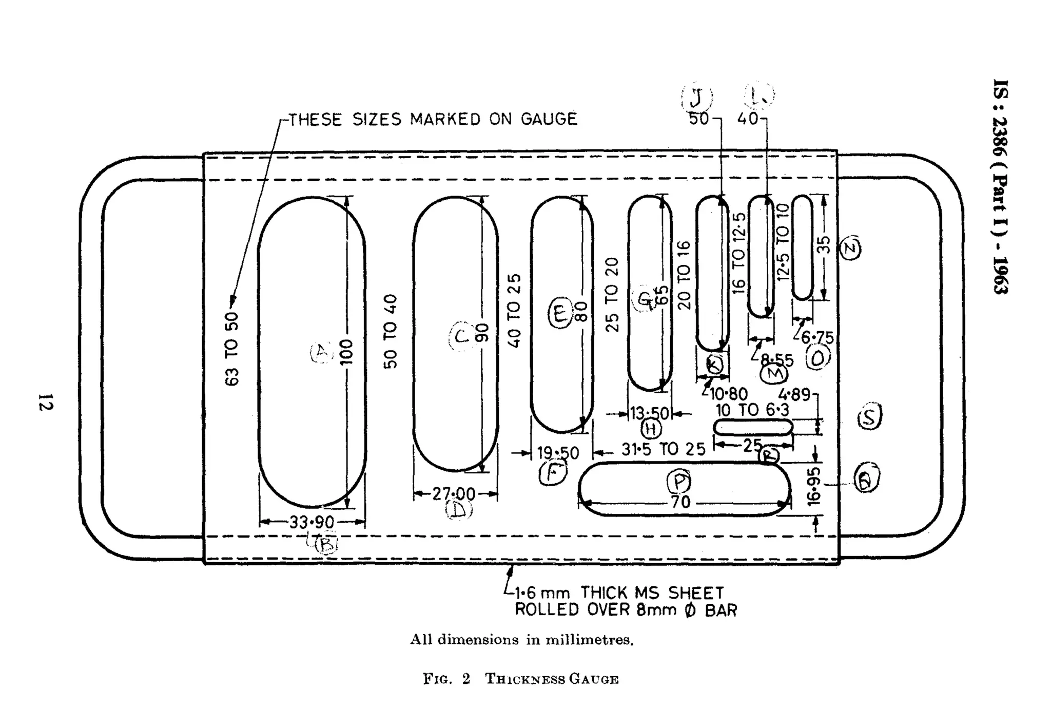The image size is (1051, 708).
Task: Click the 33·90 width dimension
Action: pyautogui.click(x=312, y=522)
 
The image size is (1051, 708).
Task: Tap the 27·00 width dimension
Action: pyautogui.click(x=454, y=494)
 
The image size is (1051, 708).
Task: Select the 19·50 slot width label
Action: pyautogui.click(x=558, y=453)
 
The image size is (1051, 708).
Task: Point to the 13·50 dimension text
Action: pyautogui.click(x=650, y=413)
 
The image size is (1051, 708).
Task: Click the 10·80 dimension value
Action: pyautogui.click(x=729, y=394)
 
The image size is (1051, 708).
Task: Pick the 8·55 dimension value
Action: pyautogui.click(x=776, y=360)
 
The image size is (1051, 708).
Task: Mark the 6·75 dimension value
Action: pyautogui.click(x=818, y=337)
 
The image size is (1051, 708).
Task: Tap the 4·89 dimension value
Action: pyautogui.click(x=793, y=394)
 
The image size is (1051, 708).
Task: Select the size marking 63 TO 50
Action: pyautogui.click(x=232, y=349)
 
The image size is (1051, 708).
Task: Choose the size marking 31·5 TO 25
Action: pyautogui.click(x=664, y=449)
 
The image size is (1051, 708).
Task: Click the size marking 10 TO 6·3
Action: pyautogui.click(x=752, y=410)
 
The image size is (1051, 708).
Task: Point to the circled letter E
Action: pyautogui.click(x=560, y=313)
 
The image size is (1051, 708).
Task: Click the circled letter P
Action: pyautogui.click(x=679, y=482)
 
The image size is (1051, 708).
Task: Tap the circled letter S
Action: pyautogui.click(x=869, y=416)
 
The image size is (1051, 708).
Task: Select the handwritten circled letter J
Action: pyautogui.click(x=696, y=97)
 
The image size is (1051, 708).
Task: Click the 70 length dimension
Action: pyautogui.click(x=680, y=502)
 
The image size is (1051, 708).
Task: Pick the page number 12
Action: pyautogui.click(x=45, y=402)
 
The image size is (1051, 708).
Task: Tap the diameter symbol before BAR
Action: pyautogui.click(x=690, y=610)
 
